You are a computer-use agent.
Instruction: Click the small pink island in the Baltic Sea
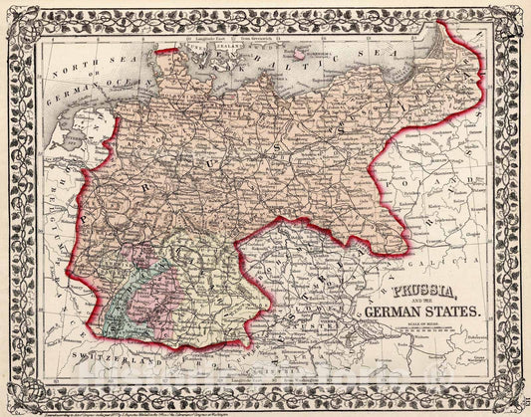point(295,54)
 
